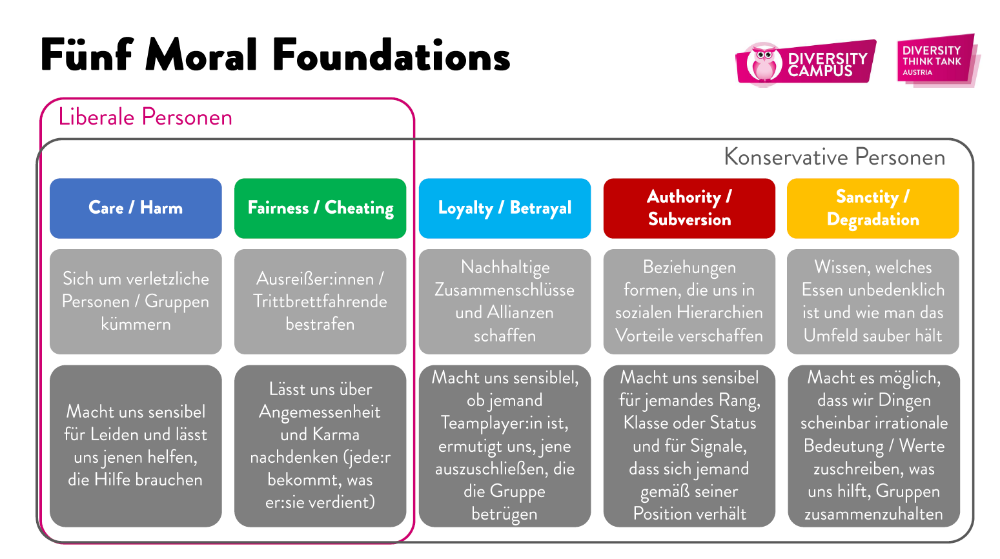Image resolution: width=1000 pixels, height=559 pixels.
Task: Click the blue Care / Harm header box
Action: [x=136, y=208]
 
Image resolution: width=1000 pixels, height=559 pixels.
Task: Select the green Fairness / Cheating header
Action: [x=320, y=208]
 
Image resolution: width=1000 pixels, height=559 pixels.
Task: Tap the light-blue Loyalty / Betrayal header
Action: [x=505, y=208]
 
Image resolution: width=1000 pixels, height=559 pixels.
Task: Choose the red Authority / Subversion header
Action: [x=689, y=208]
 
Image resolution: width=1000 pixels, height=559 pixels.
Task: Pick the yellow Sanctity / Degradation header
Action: [x=873, y=208]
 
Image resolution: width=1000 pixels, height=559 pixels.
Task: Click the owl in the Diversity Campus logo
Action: [x=764, y=63]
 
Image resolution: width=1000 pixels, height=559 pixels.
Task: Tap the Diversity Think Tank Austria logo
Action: [x=935, y=59]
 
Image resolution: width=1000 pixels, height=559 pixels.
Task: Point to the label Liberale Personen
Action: [x=145, y=117]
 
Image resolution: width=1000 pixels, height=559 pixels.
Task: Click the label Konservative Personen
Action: [x=834, y=157]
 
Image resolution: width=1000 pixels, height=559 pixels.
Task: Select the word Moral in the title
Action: [x=201, y=56]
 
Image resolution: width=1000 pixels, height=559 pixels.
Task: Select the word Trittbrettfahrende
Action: [x=320, y=301]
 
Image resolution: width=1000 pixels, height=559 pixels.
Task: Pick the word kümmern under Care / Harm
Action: [x=136, y=324]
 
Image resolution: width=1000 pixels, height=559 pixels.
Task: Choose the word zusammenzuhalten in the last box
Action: [x=873, y=514]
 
